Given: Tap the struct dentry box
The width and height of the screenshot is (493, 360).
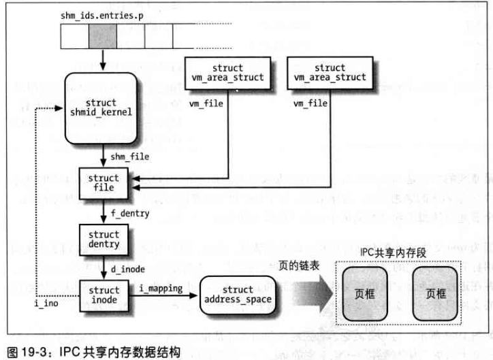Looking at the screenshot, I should [x=102, y=240].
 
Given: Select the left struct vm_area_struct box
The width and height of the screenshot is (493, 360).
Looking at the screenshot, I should [x=226, y=73].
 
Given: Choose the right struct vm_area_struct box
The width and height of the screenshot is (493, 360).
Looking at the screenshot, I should [x=330, y=73].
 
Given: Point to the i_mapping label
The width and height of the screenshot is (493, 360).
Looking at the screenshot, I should [x=161, y=289].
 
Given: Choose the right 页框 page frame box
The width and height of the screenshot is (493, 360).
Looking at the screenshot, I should [x=436, y=295].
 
